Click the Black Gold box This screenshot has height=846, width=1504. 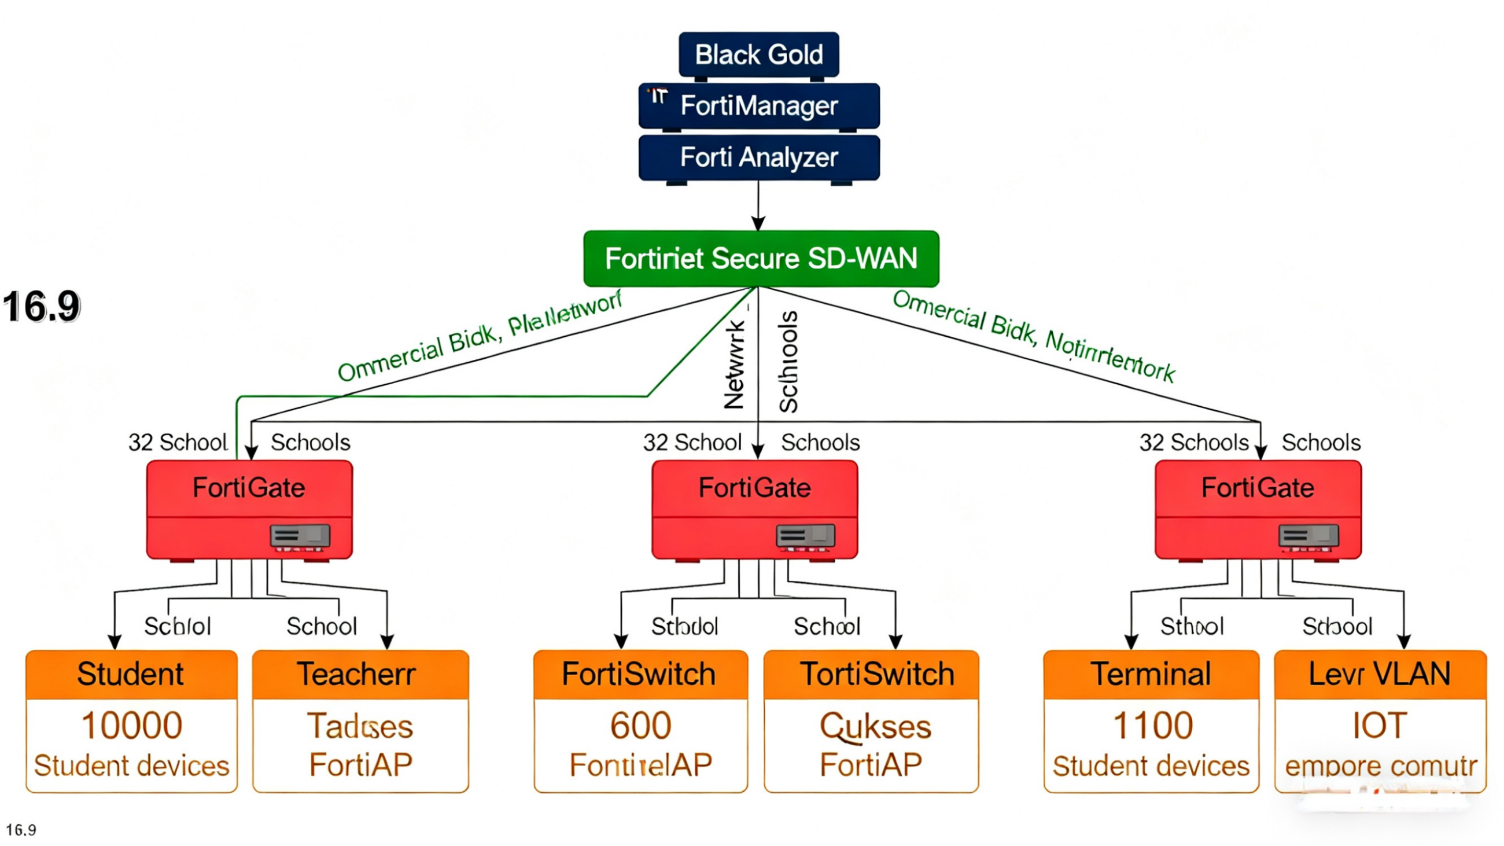click(x=758, y=54)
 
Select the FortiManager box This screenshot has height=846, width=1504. click(x=758, y=106)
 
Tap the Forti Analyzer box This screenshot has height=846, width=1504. click(x=758, y=157)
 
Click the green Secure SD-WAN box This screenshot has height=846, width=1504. click(x=761, y=259)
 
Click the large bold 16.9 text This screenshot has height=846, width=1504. click(x=41, y=307)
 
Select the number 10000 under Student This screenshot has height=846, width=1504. click(x=131, y=726)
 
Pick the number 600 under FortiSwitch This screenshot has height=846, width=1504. click(x=640, y=726)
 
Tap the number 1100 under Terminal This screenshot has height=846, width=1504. click(x=1152, y=726)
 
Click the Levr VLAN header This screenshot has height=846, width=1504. click(x=1380, y=674)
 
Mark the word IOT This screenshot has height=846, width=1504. click(x=1380, y=726)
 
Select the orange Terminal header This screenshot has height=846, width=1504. click(x=1151, y=674)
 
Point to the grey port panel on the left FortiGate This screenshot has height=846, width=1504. click(x=300, y=535)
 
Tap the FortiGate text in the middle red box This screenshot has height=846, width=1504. click(x=754, y=487)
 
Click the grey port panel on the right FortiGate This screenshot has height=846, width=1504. click(x=1308, y=535)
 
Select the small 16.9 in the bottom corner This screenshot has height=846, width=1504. click(x=21, y=830)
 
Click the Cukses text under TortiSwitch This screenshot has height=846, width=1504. click(x=875, y=727)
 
